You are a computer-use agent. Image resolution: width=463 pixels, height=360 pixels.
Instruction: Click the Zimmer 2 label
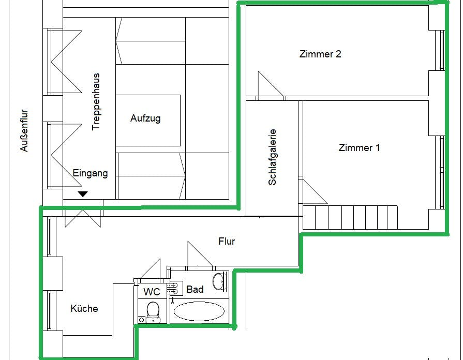(320, 54)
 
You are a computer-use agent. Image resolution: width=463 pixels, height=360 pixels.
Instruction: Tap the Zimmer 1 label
(359, 148)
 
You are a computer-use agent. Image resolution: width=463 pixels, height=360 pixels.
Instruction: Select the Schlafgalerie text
(273, 157)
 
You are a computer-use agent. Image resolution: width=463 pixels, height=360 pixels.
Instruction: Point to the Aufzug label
(145, 118)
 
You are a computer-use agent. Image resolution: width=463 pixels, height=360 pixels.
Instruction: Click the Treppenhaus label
(96, 101)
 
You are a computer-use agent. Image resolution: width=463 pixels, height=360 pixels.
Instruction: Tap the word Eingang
(90, 173)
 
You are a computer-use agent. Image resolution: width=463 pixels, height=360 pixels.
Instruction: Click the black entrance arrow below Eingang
(83, 194)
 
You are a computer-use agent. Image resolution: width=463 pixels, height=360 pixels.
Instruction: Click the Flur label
(227, 241)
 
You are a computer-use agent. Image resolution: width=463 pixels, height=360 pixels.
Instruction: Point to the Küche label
(84, 309)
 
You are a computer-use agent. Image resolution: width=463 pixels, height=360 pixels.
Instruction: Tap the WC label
(152, 292)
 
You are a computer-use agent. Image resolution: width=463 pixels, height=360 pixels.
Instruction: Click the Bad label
(195, 289)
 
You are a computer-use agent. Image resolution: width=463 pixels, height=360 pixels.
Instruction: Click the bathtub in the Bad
(199, 311)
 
